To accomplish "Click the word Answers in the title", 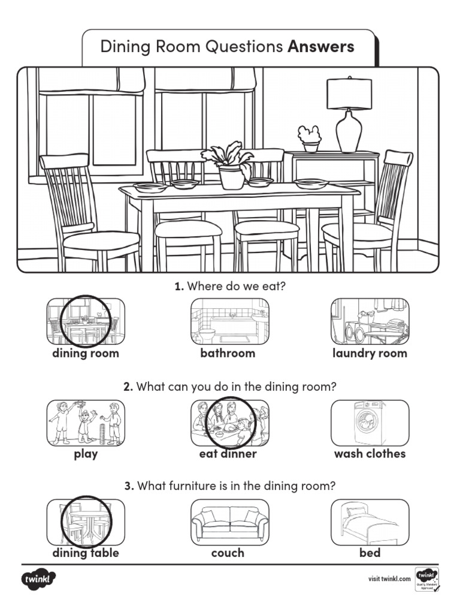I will click(321, 47).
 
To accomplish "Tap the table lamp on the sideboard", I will click(349, 117).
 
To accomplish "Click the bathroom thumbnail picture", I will click(229, 321).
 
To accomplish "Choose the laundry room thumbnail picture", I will click(370, 321).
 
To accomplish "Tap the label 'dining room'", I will click(85, 353).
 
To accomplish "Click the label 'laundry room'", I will click(370, 353).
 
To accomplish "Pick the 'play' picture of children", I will click(86, 423).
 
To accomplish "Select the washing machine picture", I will click(370, 423).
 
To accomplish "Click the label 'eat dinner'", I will click(228, 454).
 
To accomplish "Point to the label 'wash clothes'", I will click(370, 454).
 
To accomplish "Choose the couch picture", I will click(229, 522).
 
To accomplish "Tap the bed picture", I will click(370, 522).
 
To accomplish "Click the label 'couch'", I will click(228, 553).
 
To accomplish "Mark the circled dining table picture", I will click(86, 522).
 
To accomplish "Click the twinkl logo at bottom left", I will click(39, 580).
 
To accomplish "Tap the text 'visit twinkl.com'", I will click(389, 579).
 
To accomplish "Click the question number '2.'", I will click(128, 387).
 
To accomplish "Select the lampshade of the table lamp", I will click(349, 94).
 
